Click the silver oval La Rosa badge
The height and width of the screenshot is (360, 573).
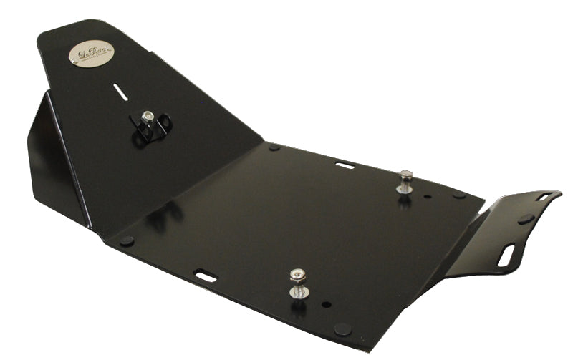[x=91, y=54]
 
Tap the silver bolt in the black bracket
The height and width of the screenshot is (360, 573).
[x=148, y=117]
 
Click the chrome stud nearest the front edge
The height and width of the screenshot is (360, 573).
[x=297, y=277]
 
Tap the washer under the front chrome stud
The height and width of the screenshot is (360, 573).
[x=297, y=291]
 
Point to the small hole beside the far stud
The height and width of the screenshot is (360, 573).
[x=428, y=196]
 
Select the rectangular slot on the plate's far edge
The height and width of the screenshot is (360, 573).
[x=345, y=165]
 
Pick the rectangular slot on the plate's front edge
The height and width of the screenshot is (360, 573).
[x=206, y=275]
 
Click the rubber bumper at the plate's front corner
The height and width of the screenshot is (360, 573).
[x=342, y=329]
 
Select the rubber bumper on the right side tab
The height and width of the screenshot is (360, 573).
[x=525, y=219]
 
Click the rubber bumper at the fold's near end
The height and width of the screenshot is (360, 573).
[x=127, y=240]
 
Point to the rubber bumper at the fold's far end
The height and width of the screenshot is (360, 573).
[x=274, y=148]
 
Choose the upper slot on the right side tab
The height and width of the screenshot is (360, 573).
[x=543, y=196]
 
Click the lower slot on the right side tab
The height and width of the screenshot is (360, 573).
[x=506, y=256]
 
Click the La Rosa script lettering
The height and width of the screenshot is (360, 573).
[x=91, y=53]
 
